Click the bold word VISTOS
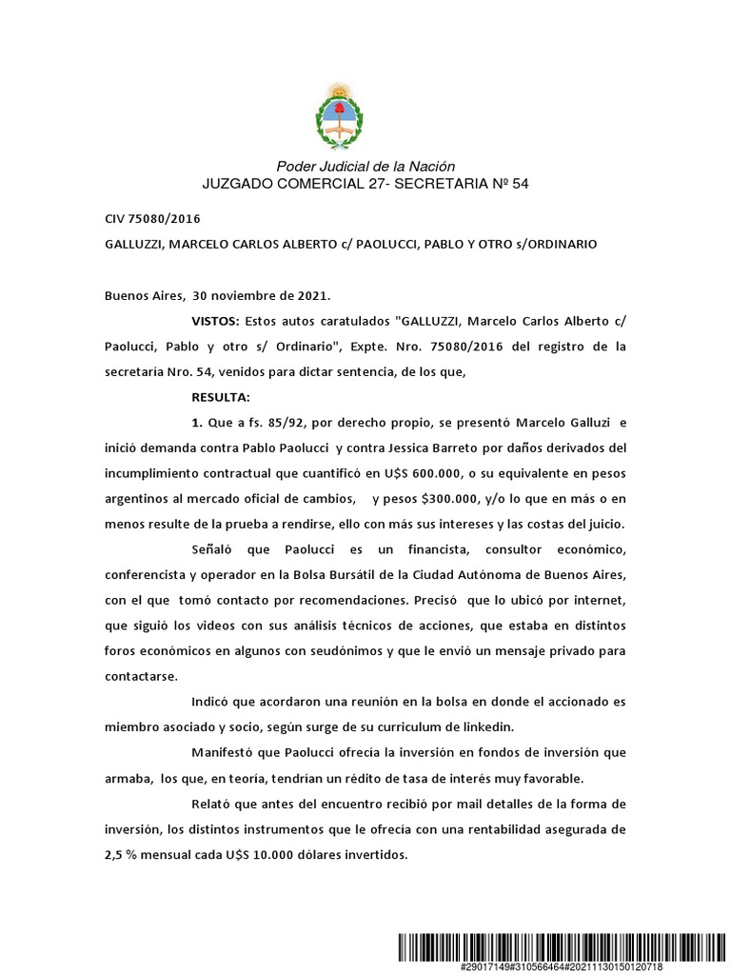coord(216,322)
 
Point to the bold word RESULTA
coord(221,396)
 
